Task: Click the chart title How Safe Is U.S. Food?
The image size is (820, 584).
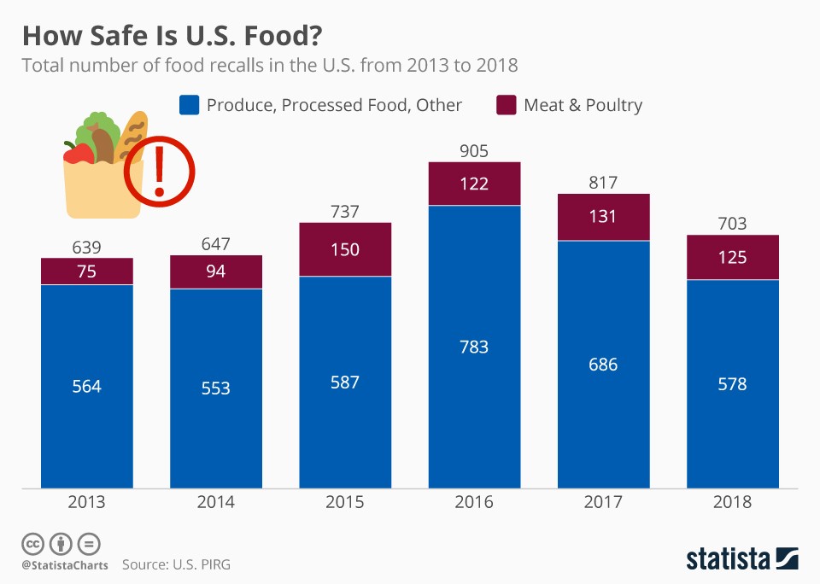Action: click(173, 35)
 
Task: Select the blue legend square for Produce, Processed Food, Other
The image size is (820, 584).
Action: click(189, 105)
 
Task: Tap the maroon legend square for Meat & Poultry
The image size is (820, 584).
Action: click(507, 105)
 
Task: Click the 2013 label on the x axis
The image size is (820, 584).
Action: click(87, 502)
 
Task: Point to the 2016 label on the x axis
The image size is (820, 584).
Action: click(474, 502)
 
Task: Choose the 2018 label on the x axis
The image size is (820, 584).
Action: click(733, 502)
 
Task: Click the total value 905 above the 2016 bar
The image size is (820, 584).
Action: click(474, 151)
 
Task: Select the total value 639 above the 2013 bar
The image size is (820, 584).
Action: click(87, 248)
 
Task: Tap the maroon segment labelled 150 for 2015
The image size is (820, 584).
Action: click(345, 249)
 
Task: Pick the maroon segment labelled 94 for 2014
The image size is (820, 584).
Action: click(216, 272)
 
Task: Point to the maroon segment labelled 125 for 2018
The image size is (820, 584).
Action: click(733, 257)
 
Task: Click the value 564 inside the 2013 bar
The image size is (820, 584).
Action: click(87, 386)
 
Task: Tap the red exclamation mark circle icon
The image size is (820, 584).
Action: click(159, 172)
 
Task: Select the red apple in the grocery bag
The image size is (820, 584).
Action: click(79, 155)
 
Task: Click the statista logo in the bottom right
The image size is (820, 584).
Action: click(742, 559)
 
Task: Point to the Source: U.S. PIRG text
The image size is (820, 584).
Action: click(176, 564)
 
